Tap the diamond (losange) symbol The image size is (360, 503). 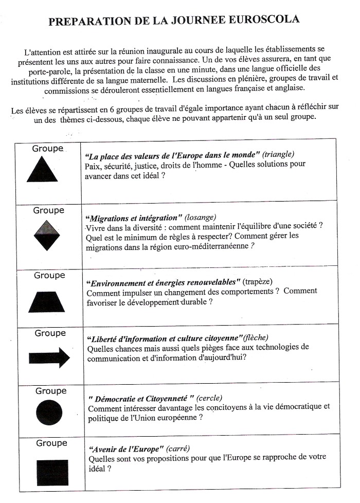(x=47, y=235)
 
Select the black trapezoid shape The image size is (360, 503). (x=47, y=301)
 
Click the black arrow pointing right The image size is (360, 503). (x=49, y=357)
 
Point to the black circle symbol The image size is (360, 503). (x=49, y=412)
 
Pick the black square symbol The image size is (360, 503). (x=52, y=472)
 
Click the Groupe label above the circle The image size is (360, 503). (x=50, y=391)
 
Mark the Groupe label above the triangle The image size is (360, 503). (x=48, y=149)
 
